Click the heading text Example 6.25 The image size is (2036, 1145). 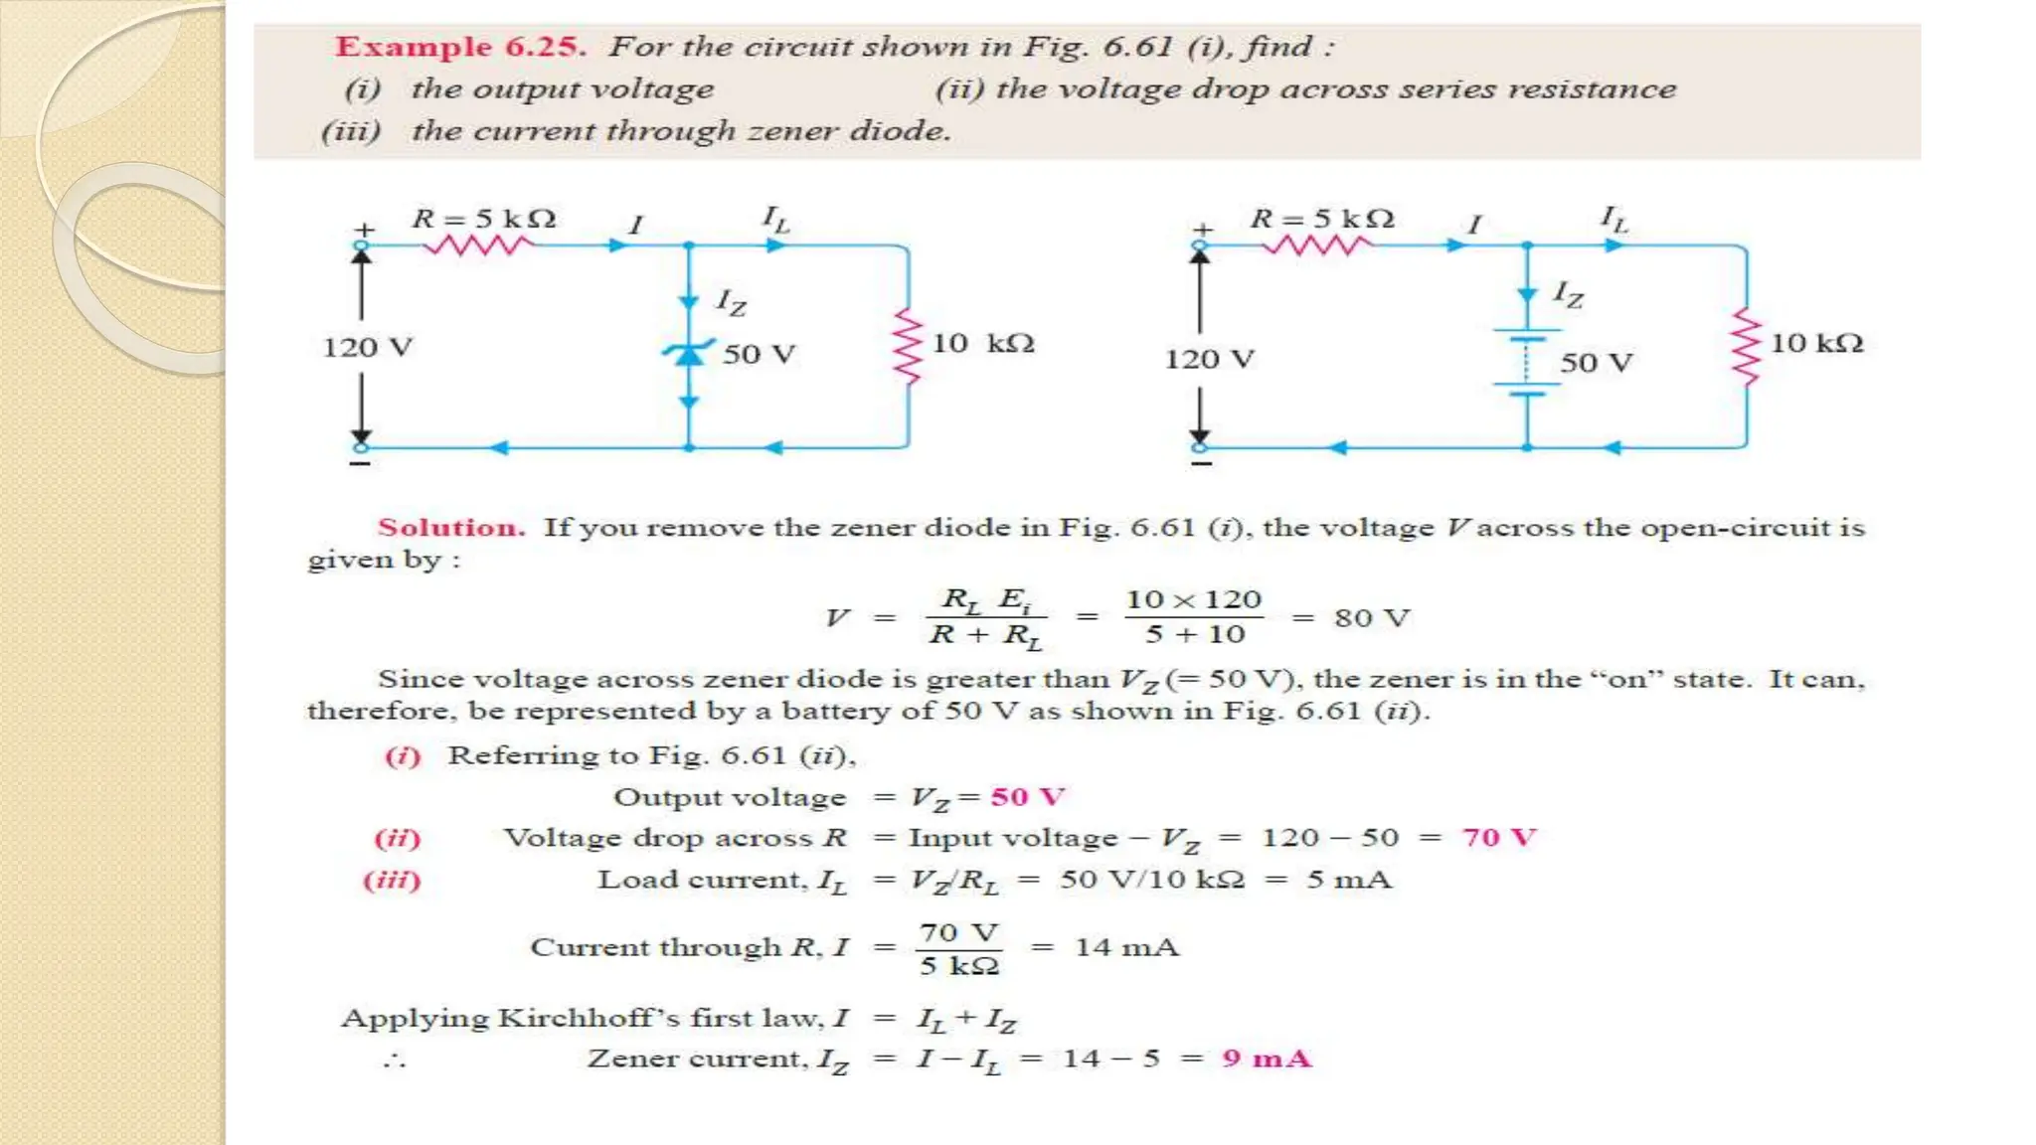point(460,47)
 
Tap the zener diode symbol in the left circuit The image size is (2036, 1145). point(689,352)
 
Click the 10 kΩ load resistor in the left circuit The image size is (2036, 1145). point(908,345)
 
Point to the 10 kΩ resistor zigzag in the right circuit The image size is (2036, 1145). point(1746,345)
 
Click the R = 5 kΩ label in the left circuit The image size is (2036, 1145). point(484,219)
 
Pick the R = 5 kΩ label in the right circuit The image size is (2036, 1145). point(1322,219)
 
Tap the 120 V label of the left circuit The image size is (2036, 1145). point(367,348)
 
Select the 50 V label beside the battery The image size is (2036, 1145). point(1596,363)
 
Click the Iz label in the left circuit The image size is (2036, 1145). point(732,301)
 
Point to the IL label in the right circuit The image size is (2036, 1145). point(1613,219)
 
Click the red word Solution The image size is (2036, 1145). point(450,528)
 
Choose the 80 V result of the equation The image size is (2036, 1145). point(1371,618)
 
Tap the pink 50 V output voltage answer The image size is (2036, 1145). point(1027,797)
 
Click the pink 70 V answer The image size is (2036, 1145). point(1498,838)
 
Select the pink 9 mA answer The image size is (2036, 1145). point(1267,1059)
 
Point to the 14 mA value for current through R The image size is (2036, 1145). point(1126,947)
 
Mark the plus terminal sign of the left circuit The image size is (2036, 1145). point(364,230)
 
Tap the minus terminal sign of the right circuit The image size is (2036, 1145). point(1201,464)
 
